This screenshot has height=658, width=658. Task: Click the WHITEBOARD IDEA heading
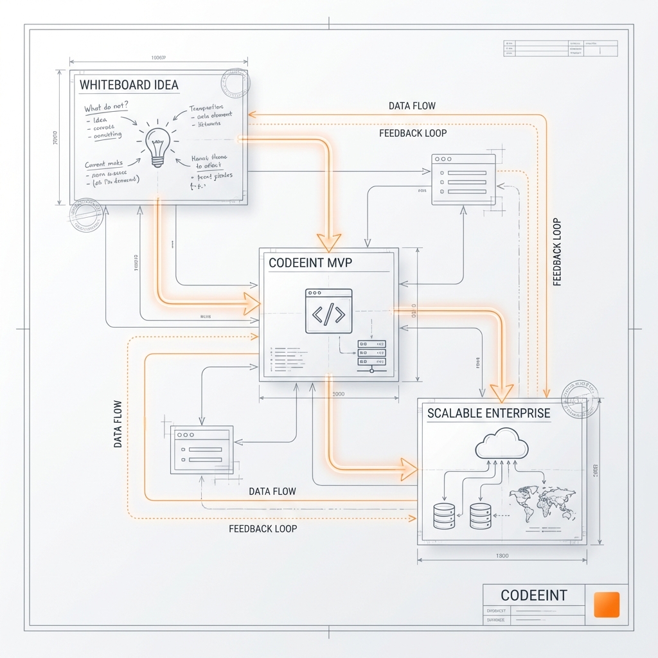129,85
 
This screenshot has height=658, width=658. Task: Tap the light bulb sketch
157,145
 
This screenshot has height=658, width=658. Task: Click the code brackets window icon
328,311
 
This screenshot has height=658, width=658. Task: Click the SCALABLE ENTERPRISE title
488,413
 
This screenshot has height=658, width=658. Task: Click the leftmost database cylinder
444,515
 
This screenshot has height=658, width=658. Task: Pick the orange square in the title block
607,605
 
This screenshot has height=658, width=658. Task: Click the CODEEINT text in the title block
533,595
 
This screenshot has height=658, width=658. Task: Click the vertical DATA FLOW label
118,424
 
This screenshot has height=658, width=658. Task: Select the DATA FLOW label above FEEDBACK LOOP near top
412,106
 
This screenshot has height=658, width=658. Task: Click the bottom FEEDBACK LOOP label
263,529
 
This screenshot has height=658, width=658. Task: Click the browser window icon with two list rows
200,449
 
